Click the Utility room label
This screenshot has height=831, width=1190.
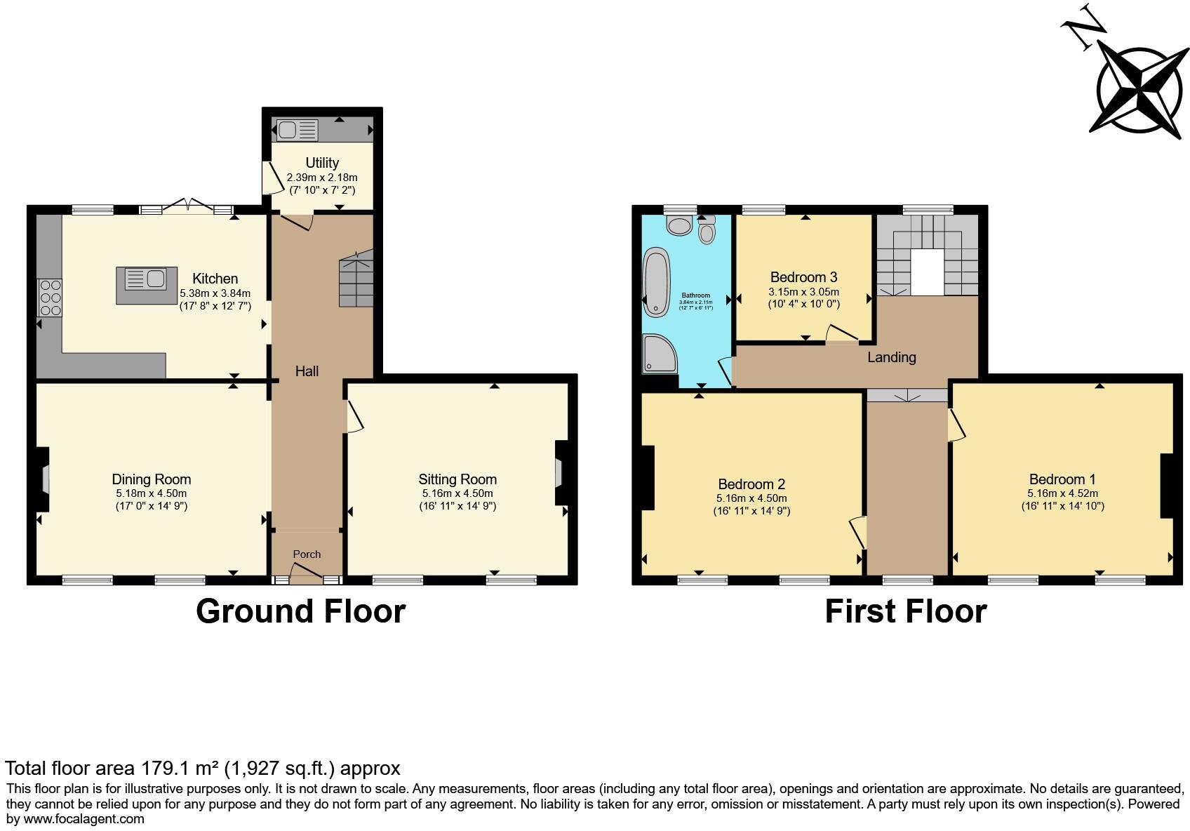point(322,163)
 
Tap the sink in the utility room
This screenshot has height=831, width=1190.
point(297,131)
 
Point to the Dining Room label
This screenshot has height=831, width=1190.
point(151,479)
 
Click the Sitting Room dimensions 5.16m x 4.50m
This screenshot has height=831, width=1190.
point(457,493)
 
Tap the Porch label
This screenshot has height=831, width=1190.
point(307,554)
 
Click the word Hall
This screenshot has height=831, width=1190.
point(307,371)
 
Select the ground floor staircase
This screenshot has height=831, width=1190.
point(356,280)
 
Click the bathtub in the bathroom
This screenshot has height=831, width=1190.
point(657,280)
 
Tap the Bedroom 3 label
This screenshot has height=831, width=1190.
point(803,277)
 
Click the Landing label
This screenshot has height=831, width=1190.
point(891,357)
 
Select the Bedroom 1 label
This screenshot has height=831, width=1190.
point(1062,479)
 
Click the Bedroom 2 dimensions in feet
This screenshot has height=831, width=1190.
point(751,511)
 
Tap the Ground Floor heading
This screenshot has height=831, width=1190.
point(300,611)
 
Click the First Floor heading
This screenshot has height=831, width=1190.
point(905,611)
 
